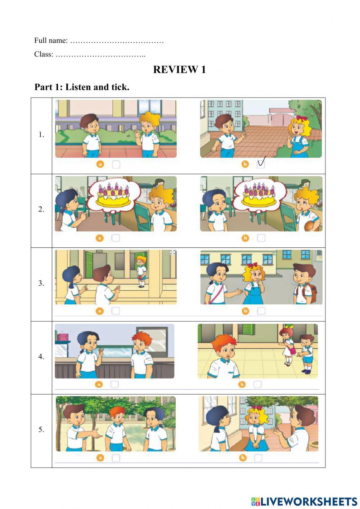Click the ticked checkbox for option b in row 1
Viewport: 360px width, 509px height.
[261, 164]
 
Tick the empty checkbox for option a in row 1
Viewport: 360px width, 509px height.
[116, 165]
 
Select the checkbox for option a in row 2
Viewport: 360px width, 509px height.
[116, 238]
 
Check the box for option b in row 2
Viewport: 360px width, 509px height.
[261, 238]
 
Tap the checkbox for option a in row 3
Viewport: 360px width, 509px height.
[116, 311]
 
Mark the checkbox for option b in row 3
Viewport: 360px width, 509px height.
[261, 311]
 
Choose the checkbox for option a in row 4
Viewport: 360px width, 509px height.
[114, 384]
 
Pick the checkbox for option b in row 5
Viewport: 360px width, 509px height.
[258, 458]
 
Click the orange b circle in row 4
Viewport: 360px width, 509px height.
[242, 384]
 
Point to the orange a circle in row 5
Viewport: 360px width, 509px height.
[100, 458]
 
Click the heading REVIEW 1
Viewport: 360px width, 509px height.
[179, 70]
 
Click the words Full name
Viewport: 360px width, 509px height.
[51, 40]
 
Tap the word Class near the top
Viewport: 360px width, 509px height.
[44, 54]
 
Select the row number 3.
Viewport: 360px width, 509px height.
[41, 283]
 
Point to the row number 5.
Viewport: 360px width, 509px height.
[41, 429]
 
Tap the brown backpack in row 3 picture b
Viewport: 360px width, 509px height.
[312, 293]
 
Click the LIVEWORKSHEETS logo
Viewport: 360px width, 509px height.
[304, 501]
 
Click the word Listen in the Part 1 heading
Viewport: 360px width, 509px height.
[78, 87]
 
